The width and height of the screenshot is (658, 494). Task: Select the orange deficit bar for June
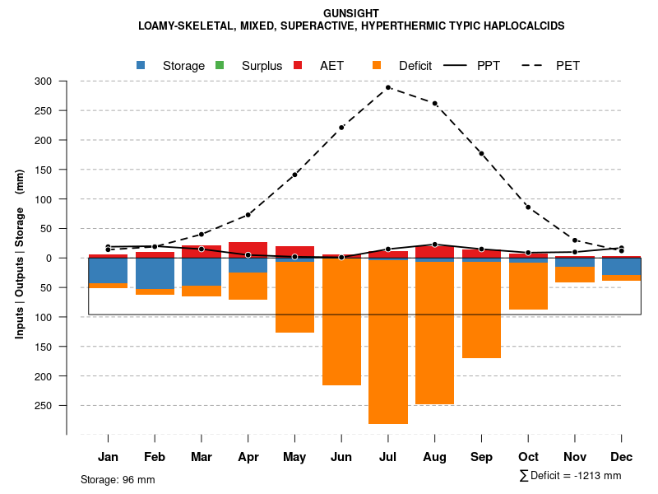tap(341, 321)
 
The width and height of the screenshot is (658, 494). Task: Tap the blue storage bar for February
tap(155, 273)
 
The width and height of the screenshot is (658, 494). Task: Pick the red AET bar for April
tap(248, 249)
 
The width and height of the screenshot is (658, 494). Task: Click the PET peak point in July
tap(388, 87)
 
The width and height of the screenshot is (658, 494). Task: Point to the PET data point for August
tap(434, 104)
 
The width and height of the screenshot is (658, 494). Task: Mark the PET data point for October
tap(528, 207)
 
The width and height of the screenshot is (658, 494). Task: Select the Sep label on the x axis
tap(481, 457)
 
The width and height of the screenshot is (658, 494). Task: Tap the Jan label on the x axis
tap(109, 457)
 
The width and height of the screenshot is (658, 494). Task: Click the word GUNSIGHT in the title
tap(351, 14)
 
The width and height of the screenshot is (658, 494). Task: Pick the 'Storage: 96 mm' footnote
tap(118, 479)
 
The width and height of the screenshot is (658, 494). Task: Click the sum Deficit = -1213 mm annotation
tap(570, 476)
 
